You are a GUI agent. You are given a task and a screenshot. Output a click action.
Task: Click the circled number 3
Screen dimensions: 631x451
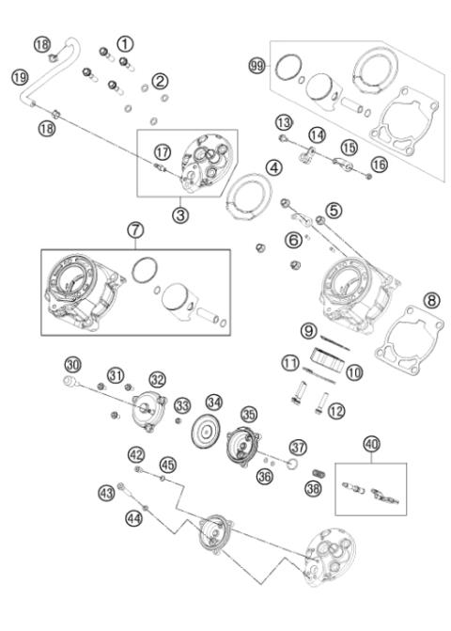click(x=180, y=214)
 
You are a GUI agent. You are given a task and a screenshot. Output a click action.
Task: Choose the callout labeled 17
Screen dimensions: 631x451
click(x=163, y=150)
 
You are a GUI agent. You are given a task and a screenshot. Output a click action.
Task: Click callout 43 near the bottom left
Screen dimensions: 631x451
click(x=107, y=491)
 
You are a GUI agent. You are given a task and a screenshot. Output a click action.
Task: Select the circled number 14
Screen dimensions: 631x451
click(x=318, y=136)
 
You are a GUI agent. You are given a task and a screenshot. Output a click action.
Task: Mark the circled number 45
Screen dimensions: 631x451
click(x=167, y=464)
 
